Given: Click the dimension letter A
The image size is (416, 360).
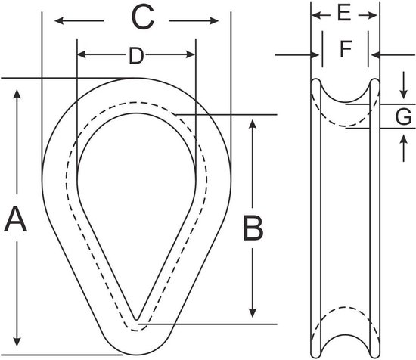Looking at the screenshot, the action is click(x=16, y=220).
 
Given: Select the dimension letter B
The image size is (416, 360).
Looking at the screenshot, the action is click(x=253, y=228).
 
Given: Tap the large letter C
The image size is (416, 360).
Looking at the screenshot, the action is click(x=143, y=17).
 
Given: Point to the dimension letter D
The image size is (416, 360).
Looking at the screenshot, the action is click(x=136, y=56).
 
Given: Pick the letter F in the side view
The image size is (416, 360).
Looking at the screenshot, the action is click(x=346, y=49).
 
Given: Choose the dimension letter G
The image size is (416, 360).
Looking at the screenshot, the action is click(x=403, y=116).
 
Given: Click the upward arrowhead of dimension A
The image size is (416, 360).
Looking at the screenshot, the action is click(x=17, y=95).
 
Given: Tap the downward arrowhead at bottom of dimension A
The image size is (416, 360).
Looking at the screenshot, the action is click(x=17, y=342).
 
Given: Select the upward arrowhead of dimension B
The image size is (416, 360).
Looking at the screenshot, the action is click(x=253, y=125).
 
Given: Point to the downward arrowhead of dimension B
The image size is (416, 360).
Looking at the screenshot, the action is click(x=253, y=312).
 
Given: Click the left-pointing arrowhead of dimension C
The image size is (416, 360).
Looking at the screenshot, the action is click(x=60, y=20).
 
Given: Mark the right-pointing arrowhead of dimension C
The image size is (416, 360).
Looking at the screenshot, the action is click(x=214, y=20).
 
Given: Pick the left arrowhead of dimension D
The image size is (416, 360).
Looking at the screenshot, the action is click(x=82, y=54).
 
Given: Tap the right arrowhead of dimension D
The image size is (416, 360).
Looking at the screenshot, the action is click(x=191, y=54).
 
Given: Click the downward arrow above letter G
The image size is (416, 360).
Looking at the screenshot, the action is click(x=404, y=85).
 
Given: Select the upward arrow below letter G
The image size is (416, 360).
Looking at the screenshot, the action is click(x=404, y=148).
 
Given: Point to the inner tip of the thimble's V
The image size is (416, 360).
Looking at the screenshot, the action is click(x=136, y=319).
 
